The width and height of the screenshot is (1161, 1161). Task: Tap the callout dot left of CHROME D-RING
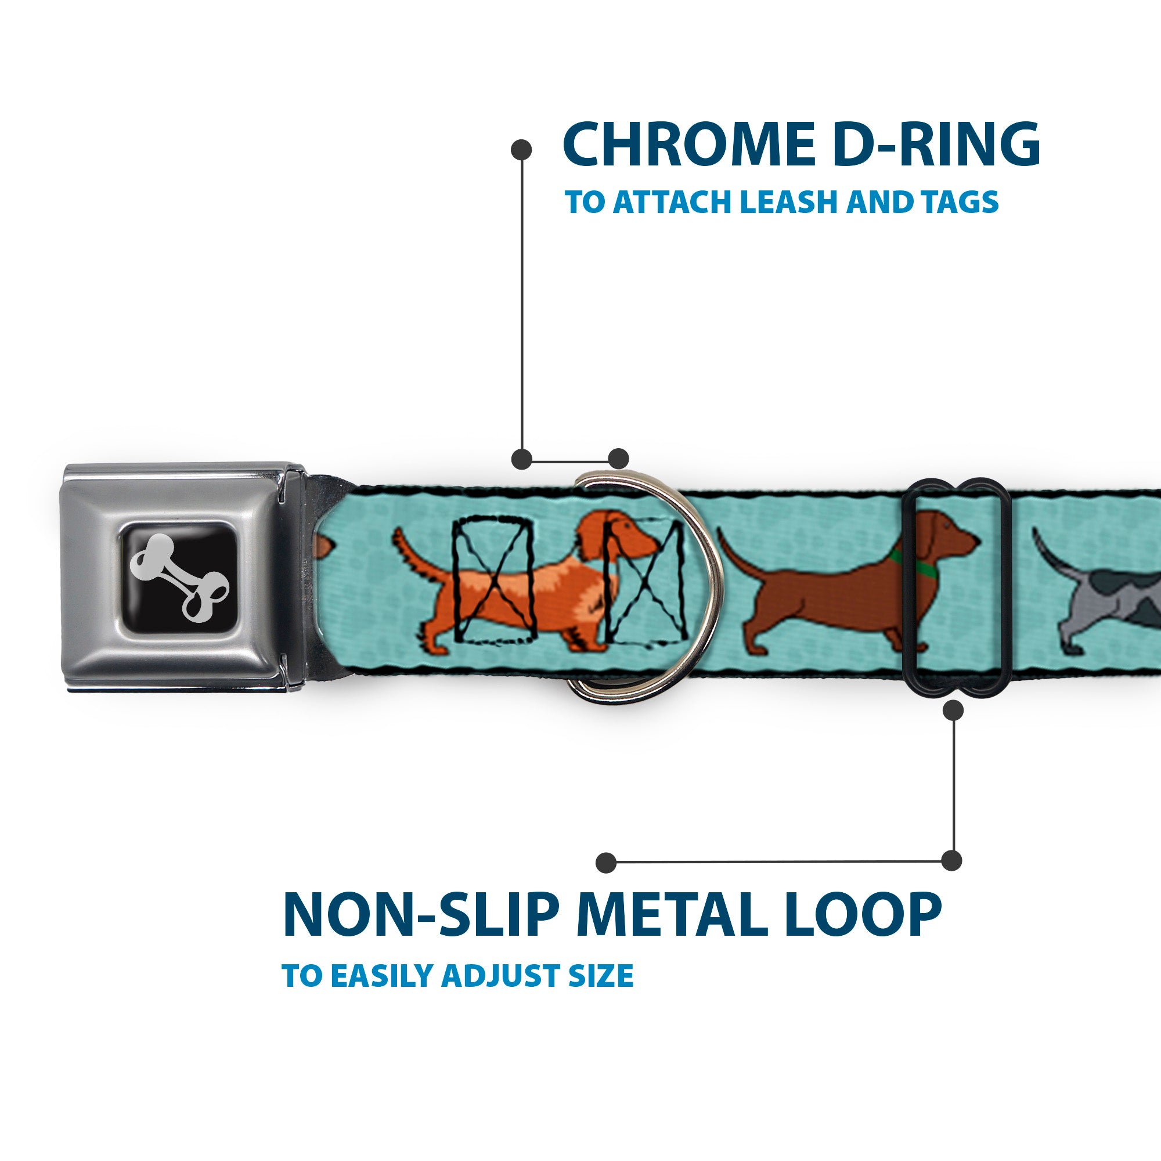coord(521,149)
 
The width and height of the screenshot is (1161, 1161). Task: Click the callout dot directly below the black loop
coord(953,711)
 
